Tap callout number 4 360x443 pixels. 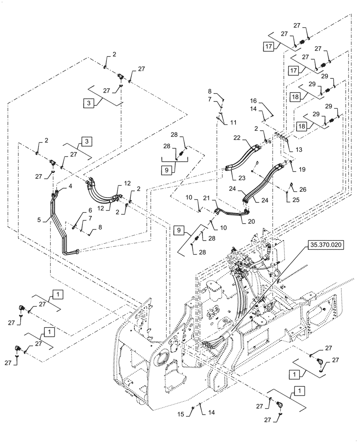pyautogui.click(x=70, y=187)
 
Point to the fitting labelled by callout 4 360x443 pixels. pyautogui.click(x=57, y=193)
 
